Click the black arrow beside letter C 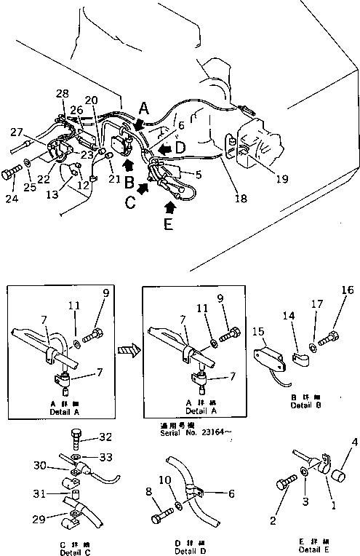(x=143, y=189)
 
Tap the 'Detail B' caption (x=305, y=405)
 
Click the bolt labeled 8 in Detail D (x=159, y=520)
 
